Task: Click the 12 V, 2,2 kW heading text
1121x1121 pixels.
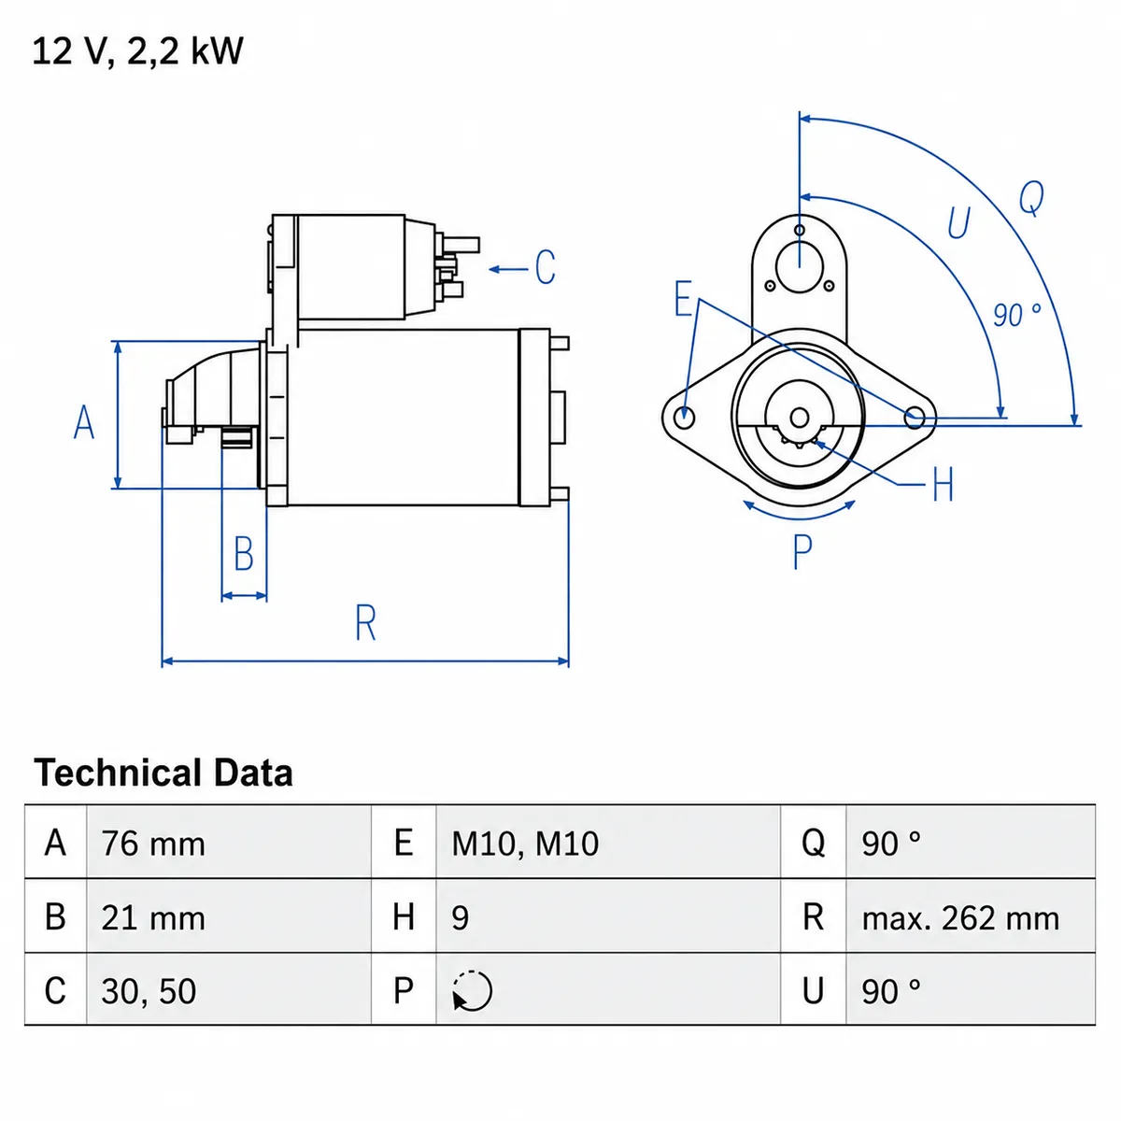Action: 137,51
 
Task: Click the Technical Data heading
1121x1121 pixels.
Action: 163,773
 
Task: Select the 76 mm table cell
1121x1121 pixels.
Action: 153,844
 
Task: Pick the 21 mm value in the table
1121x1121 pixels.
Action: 153,918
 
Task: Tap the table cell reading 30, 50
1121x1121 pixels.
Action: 149,992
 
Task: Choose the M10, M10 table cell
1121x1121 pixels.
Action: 525,844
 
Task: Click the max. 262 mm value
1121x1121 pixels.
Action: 960,918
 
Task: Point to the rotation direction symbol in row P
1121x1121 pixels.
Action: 472,991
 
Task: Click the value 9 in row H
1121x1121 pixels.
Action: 460,918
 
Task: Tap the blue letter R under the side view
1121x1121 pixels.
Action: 366,622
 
